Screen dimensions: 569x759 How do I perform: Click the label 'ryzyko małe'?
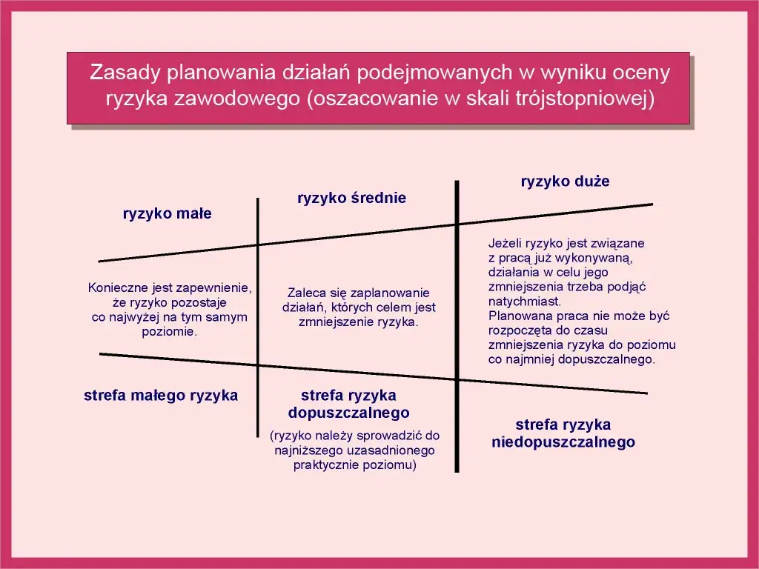pos(167,214)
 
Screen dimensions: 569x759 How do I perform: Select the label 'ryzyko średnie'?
pos(351,198)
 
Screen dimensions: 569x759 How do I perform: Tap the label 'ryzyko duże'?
pos(565,182)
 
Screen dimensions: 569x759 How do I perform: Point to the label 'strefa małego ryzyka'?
pos(161,396)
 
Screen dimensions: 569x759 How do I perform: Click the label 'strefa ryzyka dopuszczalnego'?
pos(348,404)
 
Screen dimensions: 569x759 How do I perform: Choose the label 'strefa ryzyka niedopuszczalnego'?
pos(563,433)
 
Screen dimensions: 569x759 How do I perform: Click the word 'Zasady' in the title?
pos(125,73)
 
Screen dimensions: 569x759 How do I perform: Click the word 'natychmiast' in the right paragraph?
pos(523,302)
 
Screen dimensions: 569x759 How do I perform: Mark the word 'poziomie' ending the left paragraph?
pos(169,332)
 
